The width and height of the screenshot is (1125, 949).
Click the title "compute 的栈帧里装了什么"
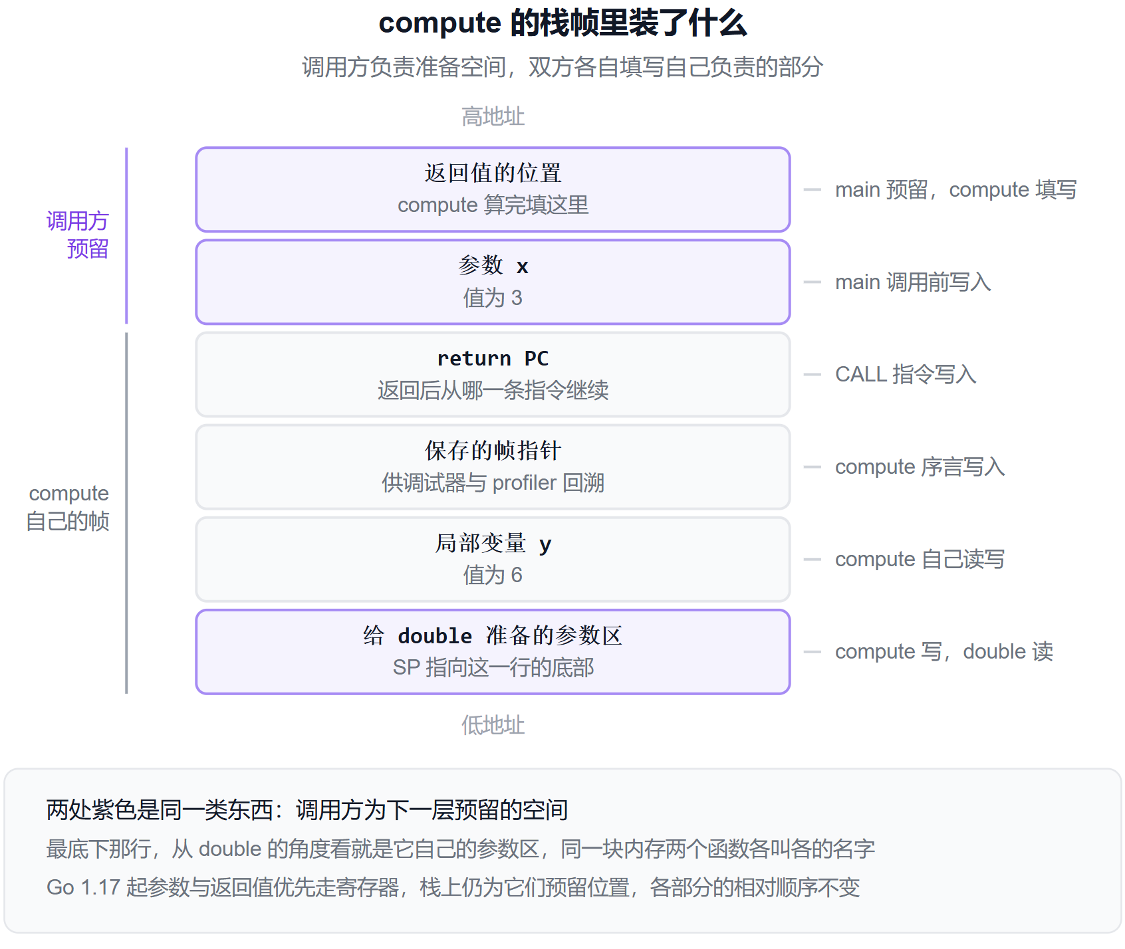coord(562,23)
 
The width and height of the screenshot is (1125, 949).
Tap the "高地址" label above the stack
coord(493,116)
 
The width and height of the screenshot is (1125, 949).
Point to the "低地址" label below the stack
coord(493,725)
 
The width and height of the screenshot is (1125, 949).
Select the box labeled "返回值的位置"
coord(493,189)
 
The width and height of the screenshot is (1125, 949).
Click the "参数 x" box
coord(493,282)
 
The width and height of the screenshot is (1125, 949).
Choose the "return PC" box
coord(493,374)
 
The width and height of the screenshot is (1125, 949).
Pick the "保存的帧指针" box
coord(493,467)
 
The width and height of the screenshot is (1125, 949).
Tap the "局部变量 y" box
coord(493,559)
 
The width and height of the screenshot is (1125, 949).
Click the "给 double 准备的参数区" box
coord(493,651)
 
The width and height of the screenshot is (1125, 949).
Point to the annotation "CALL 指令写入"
coord(906,374)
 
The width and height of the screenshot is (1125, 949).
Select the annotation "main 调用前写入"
coord(913,282)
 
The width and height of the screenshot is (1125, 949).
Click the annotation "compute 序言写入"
coord(920,467)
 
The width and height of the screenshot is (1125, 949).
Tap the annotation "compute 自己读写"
coord(920,559)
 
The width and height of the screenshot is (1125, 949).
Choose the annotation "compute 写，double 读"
coord(944,651)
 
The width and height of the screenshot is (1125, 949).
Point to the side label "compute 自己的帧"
coord(68,507)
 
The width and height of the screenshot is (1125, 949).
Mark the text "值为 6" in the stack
coord(493,575)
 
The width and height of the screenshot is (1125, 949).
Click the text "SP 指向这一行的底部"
coord(493,667)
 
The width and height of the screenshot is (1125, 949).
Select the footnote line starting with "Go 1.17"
coord(453,887)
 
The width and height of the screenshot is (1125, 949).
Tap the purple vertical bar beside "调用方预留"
coord(126,235)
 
